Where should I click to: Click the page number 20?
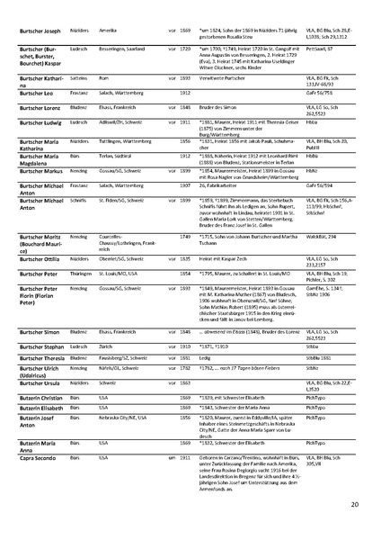point(355,505)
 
